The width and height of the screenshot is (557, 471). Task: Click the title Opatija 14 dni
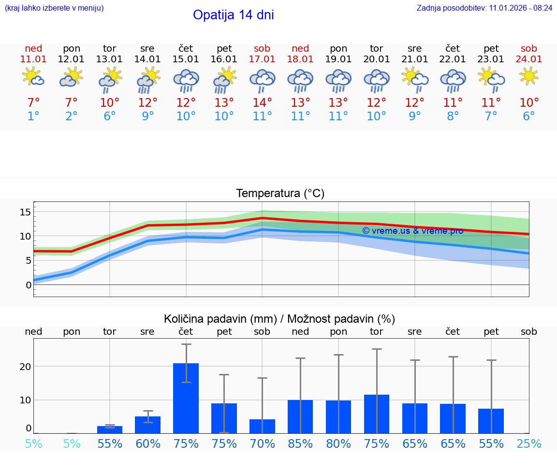point(234,15)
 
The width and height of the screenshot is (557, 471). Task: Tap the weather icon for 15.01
point(186,81)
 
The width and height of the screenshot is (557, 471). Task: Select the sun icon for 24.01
point(528,76)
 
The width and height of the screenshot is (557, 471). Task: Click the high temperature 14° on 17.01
point(262,102)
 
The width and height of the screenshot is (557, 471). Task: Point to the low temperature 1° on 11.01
point(33,116)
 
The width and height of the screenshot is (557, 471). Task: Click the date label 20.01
point(377,59)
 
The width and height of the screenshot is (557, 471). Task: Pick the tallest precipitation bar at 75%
point(186,398)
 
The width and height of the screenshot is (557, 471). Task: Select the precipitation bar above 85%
point(300,416)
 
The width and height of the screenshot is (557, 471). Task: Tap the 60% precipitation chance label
point(148,443)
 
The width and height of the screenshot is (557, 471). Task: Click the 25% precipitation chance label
point(529,443)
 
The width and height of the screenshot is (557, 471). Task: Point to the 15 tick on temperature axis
point(25,212)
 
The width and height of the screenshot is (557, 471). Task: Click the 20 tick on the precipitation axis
point(25,366)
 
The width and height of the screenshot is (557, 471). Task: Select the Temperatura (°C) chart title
point(280,194)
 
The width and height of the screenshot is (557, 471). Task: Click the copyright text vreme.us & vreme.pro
point(412,231)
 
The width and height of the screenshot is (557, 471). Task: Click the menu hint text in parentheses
point(54,8)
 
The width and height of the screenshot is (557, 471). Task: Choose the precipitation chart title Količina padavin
point(279,319)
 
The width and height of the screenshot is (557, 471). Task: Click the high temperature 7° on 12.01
point(72,102)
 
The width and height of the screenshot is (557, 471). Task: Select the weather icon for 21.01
point(414,80)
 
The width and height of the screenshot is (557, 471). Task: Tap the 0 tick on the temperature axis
point(29,285)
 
